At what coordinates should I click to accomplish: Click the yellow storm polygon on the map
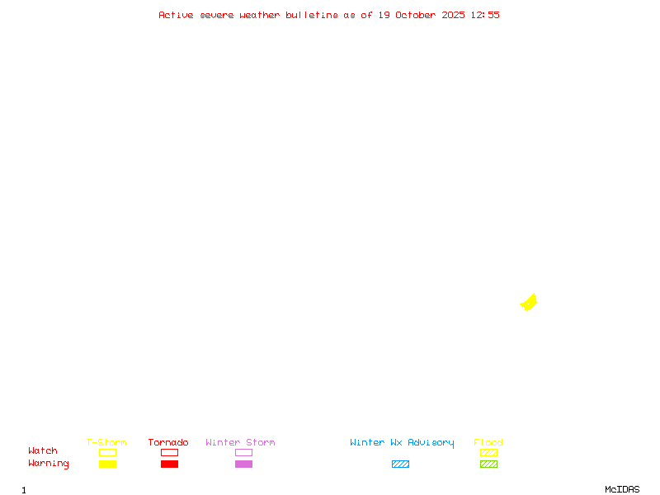529,303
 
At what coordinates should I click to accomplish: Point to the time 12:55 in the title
485,15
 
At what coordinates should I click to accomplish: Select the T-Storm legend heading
106,442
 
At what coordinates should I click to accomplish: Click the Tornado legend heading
168,442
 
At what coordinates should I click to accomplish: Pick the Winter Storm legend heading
240,442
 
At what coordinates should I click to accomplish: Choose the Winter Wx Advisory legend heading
402,442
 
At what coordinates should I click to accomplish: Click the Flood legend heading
488,442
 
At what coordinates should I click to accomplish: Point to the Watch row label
43,451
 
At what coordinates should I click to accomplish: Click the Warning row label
49,464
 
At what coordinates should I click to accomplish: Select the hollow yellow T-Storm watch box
107,452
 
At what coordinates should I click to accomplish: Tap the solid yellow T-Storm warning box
107,464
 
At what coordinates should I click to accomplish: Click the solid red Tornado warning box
169,464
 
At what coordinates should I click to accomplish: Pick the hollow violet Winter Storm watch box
243,452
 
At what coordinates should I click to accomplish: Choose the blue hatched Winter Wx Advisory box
400,464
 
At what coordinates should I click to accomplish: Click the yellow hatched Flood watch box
488,452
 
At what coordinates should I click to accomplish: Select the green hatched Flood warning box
488,464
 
